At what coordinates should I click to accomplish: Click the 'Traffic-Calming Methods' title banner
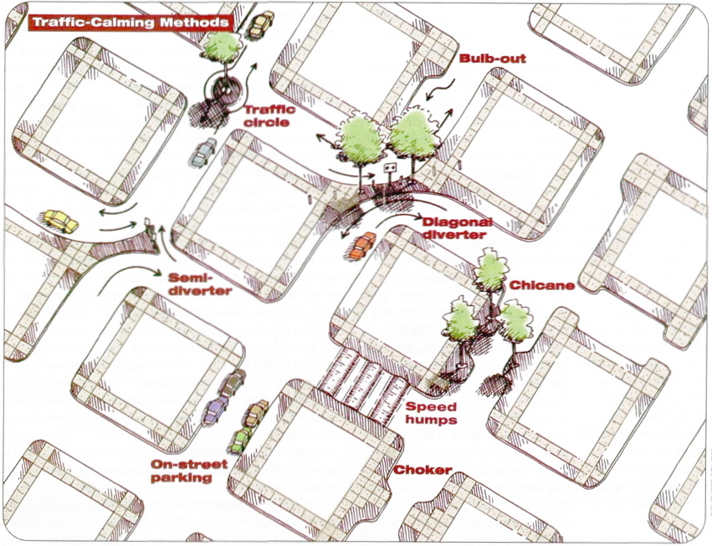(129, 23)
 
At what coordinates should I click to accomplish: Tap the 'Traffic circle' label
(266, 115)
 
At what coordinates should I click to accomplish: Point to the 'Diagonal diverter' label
(457, 228)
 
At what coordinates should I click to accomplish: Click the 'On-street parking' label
(179, 472)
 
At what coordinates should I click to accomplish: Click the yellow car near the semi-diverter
(60, 221)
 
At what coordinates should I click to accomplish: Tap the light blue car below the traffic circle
(202, 152)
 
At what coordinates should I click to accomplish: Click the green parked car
(241, 439)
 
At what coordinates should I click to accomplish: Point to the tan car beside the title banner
(261, 24)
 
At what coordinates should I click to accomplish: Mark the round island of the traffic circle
(223, 87)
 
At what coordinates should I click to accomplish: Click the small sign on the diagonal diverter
(388, 170)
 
